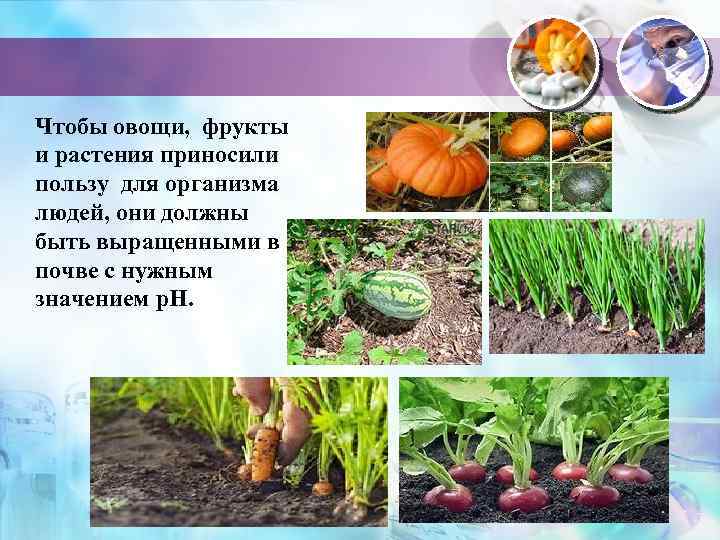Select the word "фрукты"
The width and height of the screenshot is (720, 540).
[x=246, y=129]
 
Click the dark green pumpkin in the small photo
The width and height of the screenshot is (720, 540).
[x=582, y=187]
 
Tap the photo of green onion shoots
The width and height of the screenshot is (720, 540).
[x=597, y=286]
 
